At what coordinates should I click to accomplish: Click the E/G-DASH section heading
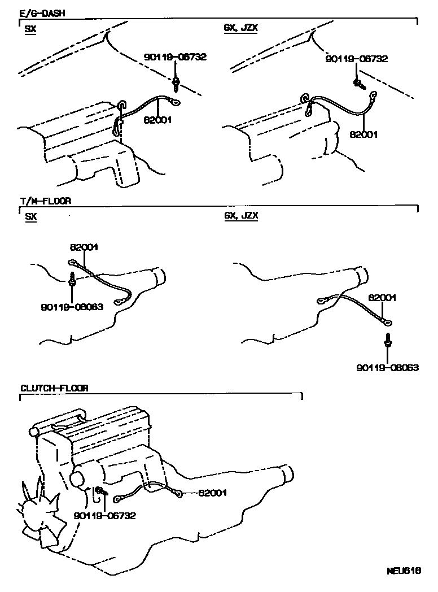pos(42,13)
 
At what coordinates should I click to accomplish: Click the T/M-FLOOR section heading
pos(45,201)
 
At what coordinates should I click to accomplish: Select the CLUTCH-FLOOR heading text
pos(54,388)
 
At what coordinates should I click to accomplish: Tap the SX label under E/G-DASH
pos(30,29)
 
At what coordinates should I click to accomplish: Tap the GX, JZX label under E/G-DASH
pos(240,28)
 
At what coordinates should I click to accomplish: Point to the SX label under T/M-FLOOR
pos(30,216)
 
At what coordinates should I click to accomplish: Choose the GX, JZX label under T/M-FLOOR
pos(241,216)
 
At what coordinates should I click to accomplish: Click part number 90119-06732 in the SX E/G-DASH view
pos(176,57)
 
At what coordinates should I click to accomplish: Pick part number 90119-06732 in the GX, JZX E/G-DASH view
pos(357,59)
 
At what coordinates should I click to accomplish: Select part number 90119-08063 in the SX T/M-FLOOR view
pos(72,307)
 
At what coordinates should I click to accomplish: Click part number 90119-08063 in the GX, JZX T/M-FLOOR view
pos(387,367)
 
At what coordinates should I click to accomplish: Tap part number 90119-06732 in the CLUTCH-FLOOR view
pos(104,515)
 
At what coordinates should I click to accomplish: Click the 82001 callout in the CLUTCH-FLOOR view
pos(212,493)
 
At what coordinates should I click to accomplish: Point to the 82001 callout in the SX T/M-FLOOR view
pos(84,247)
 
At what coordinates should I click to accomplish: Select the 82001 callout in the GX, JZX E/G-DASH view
pos(363,134)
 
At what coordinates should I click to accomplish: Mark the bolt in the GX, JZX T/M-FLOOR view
pos(387,341)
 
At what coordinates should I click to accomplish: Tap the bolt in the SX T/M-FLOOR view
pos(72,280)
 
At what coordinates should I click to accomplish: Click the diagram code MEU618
pos(404,570)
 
